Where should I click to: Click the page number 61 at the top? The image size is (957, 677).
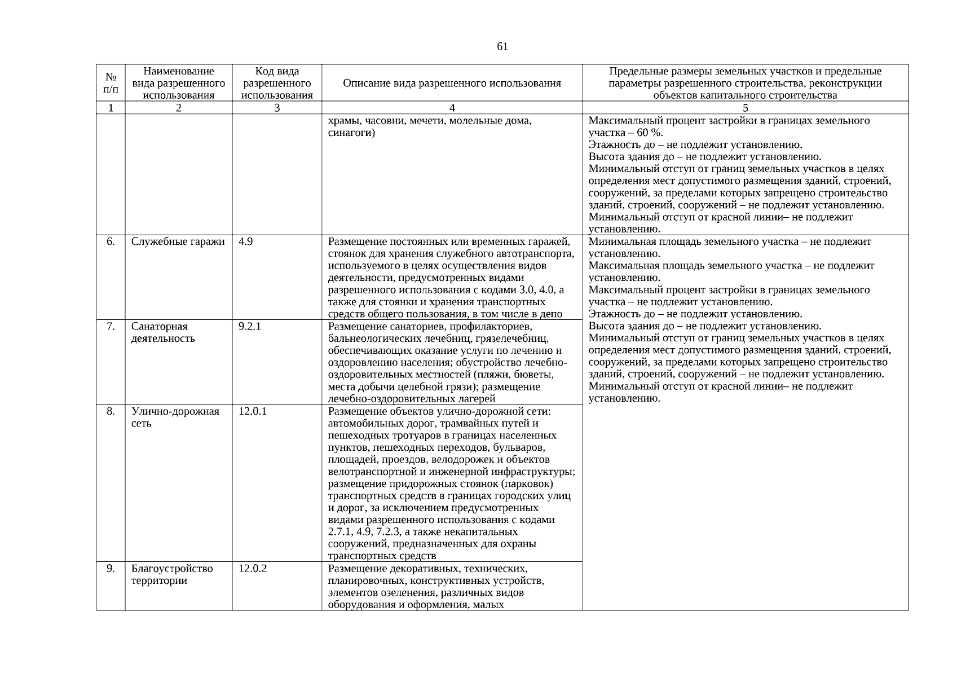tap(502, 47)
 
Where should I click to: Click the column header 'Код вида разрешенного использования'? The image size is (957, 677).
tap(277, 83)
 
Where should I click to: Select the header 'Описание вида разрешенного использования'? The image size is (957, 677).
tap(452, 83)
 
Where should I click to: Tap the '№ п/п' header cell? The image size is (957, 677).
tap(111, 83)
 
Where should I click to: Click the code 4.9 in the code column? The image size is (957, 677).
tap(245, 241)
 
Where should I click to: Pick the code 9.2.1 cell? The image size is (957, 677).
tap(249, 326)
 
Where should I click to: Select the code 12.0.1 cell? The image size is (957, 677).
tap(252, 411)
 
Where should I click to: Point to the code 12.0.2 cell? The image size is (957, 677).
tap(252, 568)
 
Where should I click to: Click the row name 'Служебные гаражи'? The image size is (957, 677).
tap(178, 241)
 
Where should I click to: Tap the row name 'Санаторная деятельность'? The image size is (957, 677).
tap(164, 332)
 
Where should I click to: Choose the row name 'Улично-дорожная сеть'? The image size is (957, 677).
tap(175, 417)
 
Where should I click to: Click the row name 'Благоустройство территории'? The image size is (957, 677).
tap(172, 574)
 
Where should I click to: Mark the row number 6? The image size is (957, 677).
tap(111, 241)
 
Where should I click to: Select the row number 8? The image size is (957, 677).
tap(111, 411)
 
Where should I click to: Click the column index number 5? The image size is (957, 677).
tap(745, 108)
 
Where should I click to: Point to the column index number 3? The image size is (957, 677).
tap(277, 108)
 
